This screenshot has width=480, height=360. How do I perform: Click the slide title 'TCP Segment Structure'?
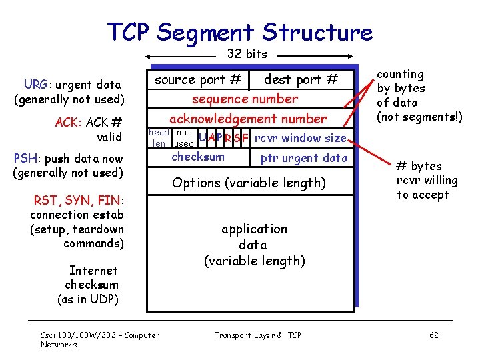coord(240,31)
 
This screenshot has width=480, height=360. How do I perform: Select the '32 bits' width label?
coord(247,54)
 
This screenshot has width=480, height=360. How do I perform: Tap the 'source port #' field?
coord(198,80)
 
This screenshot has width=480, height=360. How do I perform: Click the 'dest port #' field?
coord(301,80)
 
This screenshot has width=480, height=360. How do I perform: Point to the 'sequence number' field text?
coord(245,99)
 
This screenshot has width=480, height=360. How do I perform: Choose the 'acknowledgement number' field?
coord(248,119)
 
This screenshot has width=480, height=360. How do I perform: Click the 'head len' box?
coord(159,138)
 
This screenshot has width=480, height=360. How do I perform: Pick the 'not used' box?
coord(183,138)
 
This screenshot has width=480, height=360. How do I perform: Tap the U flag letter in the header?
coord(203,138)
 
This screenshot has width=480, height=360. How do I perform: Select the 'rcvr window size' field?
coord(301,138)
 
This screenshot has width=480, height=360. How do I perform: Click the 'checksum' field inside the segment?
coord(198,157)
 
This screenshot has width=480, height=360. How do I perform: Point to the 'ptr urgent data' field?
coord(303,158)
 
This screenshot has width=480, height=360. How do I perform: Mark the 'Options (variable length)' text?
coord(249,183)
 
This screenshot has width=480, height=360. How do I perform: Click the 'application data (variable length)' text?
coord(254,245)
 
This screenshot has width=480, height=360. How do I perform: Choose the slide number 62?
coord(433,335)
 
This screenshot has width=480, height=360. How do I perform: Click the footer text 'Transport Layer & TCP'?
coord(257,335)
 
